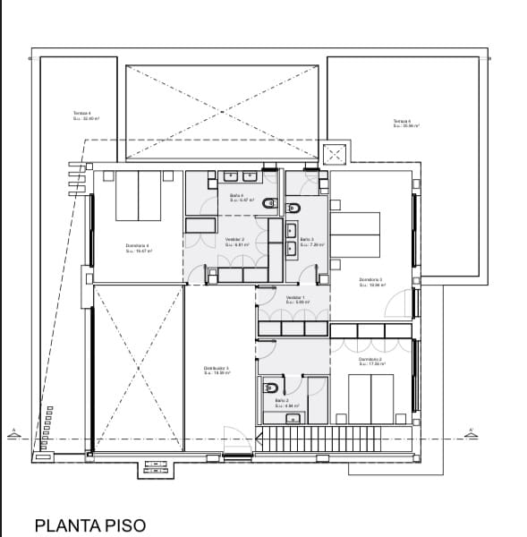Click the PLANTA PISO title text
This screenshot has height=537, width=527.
(x=89, y=524)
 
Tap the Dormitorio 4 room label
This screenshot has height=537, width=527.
(x=138, y=249)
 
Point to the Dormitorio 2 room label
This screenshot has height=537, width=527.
(x=370, y=362)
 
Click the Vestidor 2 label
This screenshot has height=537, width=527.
(x=235, y=241)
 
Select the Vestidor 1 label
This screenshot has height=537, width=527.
(x=295, y=299)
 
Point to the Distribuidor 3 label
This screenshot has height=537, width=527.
(x=217, y=371)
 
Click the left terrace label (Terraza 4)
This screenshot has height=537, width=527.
(x=82, y=115)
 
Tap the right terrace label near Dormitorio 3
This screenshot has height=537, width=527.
(x=403, y=123)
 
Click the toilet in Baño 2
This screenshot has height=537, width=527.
(x=271, y=388)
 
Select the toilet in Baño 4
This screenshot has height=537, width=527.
(x=270, y=205)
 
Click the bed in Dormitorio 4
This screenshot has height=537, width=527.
(x=138, y=196)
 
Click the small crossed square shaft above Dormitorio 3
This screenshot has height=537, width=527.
(x=336, y=156)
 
